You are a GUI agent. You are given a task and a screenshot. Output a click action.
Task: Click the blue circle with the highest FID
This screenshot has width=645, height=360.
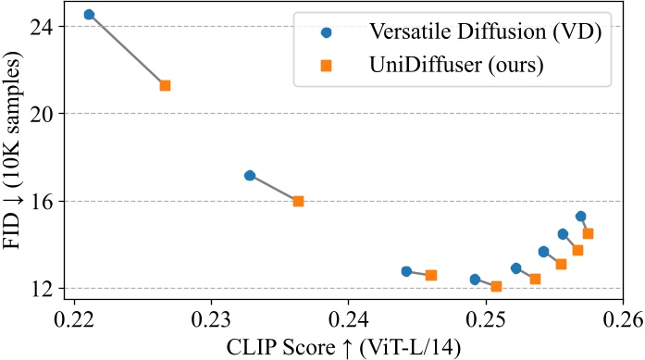(x=89, y=15)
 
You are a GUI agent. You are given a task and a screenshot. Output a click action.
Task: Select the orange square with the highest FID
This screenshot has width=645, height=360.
(x=165, y=85)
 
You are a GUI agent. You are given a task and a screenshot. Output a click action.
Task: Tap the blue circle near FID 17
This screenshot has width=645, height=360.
(x=249, y=175)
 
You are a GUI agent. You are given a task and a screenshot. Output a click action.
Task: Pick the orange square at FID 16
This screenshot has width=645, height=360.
(x=298, y=201)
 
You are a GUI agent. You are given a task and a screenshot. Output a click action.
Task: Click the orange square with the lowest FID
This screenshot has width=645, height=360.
(x=496, y=286)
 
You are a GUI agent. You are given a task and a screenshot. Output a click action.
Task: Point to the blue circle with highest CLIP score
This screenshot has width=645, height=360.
(x=580, y=217)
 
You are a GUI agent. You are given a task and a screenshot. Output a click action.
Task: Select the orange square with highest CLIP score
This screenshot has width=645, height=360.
(x=588, y=233)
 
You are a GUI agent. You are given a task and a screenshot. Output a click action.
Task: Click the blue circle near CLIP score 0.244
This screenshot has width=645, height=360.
(x=406, y=271)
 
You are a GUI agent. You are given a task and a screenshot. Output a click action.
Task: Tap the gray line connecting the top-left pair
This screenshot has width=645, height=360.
(x=127, y=50)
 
